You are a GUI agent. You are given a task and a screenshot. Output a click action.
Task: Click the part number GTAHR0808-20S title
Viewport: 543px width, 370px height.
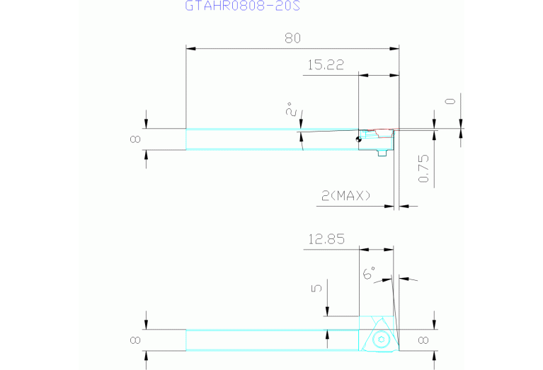point(242,6)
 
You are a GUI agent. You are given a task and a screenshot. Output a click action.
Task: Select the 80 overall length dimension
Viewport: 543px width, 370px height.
point(292,37)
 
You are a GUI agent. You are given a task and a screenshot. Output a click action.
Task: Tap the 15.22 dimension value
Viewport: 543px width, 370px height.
point(326,64)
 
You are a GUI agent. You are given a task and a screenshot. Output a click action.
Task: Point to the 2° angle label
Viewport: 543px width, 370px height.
point(290,109)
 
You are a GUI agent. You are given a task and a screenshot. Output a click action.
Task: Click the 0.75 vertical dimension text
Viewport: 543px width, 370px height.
point(423,168)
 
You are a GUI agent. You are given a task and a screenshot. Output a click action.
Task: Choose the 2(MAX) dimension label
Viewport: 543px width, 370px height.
point(346,196)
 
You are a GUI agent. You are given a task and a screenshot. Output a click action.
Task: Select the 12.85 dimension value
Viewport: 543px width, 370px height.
point(326,239)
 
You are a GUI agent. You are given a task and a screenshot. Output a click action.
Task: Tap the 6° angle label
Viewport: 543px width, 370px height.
point(369,272)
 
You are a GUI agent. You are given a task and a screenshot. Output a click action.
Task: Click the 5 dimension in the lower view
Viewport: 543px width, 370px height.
point(316,288)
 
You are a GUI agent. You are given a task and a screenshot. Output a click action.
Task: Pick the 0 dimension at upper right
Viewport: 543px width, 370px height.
point(450,101)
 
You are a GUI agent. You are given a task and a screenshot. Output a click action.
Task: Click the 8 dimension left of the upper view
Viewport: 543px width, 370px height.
point(135,139)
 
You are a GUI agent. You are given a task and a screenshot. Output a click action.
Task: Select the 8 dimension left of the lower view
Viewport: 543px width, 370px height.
point(135,340)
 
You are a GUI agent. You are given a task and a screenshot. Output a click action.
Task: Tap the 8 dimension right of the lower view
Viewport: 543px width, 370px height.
point(423,340)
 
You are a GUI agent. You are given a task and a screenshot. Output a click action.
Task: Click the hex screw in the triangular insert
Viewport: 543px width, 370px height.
point(382,340)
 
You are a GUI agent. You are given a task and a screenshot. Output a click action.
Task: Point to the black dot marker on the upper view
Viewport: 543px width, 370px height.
point(359,139)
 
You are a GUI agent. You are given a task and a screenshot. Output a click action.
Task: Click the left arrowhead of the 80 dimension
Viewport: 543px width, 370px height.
point(190,48)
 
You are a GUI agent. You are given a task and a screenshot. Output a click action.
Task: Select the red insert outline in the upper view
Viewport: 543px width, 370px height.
point(380,132)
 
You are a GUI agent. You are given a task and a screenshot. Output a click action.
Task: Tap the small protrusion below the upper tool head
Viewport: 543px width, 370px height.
point(382,153)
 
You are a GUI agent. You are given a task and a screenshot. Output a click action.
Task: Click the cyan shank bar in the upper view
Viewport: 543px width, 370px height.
point(272,139)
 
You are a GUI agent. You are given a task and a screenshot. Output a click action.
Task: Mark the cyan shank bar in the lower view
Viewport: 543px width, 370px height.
point(272,340)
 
